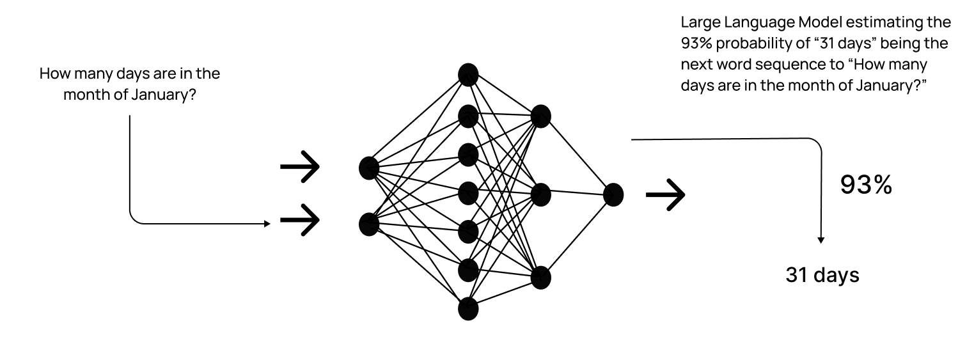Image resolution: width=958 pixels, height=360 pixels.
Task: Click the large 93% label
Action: (x=865, y=185)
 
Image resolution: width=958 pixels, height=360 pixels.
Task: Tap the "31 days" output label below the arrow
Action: (x=822, y=275)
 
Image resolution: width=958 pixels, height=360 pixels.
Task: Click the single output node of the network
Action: (x=613, y=194)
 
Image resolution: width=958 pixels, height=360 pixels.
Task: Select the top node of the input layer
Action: (x=369, y=168)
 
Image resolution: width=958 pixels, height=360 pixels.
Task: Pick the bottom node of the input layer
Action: (x=369, y=224)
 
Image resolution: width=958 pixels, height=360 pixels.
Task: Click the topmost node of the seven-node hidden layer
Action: (x=468, y=74)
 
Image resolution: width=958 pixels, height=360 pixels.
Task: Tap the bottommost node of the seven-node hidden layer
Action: (x=468, y=309)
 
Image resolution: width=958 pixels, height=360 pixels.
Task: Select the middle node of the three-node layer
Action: (x=540, y=194)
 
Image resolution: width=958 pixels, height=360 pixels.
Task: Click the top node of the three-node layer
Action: (x=540, y=116)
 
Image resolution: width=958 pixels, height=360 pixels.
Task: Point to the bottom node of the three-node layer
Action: (x=540, y=278)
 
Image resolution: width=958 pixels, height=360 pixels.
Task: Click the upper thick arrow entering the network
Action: (x=299, y=168)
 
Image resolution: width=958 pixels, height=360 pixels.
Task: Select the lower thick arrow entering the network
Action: (x=299, y=221)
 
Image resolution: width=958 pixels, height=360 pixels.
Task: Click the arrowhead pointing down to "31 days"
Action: (x=821, y=240)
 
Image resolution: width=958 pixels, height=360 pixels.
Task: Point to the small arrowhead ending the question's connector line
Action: (x=267, y=224)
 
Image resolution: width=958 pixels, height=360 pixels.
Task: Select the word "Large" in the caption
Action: (x=699, y=23)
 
